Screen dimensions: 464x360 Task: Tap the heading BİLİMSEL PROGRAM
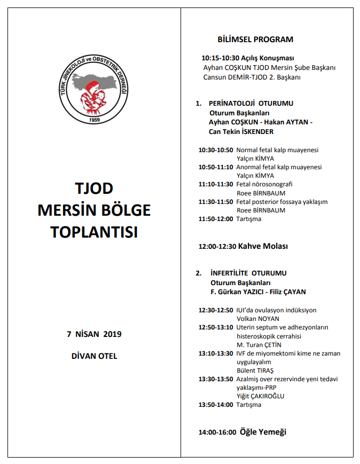(255, 40)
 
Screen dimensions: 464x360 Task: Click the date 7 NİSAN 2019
(94, 334)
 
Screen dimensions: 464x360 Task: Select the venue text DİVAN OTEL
(94, 356)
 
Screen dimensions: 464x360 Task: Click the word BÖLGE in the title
(124, 210)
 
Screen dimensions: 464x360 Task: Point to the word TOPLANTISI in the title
(94, 232)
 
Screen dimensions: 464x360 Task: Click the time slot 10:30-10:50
(216, 150)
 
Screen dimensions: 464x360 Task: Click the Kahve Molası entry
(262, 246)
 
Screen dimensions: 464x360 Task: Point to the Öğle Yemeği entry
(263, 432)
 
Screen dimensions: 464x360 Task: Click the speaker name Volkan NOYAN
(259, 319)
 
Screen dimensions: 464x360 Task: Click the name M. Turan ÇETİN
(259, 344)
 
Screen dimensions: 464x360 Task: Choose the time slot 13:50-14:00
(216, 405)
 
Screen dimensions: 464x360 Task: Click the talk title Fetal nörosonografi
(264, 184)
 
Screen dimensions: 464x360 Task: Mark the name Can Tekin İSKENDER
(241, 132)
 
